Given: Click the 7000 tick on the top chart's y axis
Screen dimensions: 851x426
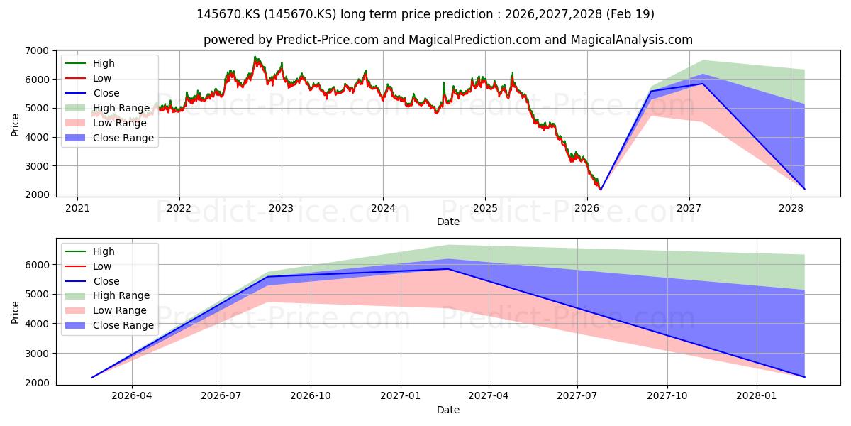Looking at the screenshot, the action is (37, 50).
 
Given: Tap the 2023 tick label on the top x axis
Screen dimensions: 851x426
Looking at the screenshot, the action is (281, 209).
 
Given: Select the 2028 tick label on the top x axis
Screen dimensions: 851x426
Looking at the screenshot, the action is (791, 209).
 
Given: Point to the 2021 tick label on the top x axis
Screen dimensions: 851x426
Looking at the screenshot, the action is (77, 209).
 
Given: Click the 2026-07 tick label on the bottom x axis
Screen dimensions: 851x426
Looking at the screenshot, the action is (221, 396).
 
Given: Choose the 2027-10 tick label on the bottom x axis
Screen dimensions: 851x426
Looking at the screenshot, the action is (667, 396).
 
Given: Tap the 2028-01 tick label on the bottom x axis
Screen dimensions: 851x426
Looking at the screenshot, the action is (757, 396).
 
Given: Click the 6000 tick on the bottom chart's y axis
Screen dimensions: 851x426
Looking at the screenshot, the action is (37, 265).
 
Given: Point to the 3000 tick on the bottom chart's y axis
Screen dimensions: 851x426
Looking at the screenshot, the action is (37, 354).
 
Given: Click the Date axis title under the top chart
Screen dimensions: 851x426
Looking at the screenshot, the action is (448, 222).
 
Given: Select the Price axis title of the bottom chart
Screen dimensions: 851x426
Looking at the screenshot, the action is (15, 312).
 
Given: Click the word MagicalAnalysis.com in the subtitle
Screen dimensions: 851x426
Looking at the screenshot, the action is (631, 40).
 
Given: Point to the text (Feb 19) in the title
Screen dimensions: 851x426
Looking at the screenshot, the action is (630, 14).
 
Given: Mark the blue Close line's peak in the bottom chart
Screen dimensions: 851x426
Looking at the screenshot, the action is (449, 268).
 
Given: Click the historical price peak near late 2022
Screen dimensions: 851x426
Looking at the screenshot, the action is (255, 57).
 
